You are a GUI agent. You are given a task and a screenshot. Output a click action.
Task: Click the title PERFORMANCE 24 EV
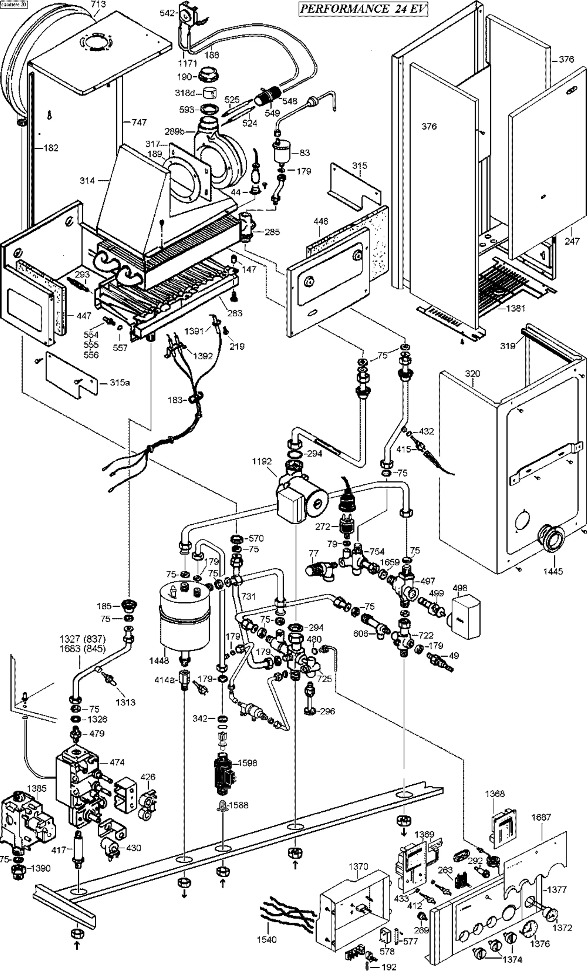(363, 9)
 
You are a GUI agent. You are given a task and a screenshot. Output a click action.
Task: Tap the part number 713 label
(98, 4)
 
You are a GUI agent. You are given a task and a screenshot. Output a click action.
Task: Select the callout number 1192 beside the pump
(262, 461)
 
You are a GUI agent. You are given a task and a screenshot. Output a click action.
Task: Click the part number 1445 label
(553, 571)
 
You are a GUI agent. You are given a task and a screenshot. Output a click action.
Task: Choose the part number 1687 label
(541, 817)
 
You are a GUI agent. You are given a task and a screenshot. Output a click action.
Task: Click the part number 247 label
(572, 241)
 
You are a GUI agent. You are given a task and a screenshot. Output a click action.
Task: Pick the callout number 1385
(37, 788)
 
